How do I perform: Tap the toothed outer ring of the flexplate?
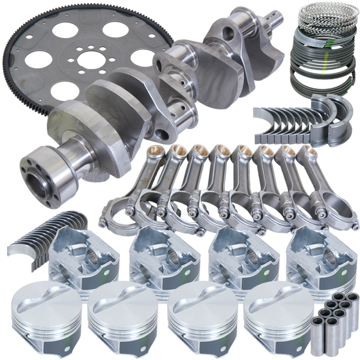click(18, 90)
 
